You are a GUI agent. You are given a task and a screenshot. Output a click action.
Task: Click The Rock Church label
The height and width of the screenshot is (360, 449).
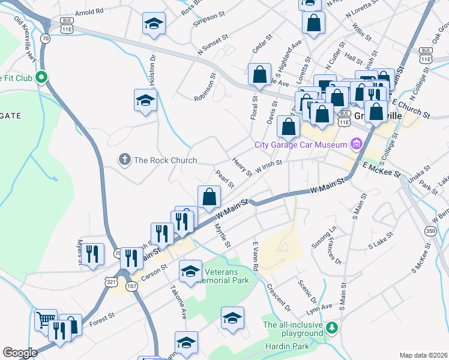165,160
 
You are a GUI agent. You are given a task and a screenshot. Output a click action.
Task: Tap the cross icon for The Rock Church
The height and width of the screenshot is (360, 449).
125,160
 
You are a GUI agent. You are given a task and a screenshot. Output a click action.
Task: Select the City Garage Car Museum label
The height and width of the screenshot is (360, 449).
301,144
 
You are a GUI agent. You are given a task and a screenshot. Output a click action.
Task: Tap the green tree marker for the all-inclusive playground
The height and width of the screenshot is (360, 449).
332,328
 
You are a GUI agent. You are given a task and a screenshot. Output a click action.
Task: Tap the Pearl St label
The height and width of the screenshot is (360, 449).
224,178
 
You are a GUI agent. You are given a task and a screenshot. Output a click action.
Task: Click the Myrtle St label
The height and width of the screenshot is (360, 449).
222,235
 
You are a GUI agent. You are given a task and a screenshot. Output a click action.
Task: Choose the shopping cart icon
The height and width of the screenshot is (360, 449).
46,319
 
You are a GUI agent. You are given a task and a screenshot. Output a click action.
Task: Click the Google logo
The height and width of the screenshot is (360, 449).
20,353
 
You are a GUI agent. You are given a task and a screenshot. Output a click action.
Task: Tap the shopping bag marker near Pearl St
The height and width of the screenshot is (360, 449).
209,197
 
